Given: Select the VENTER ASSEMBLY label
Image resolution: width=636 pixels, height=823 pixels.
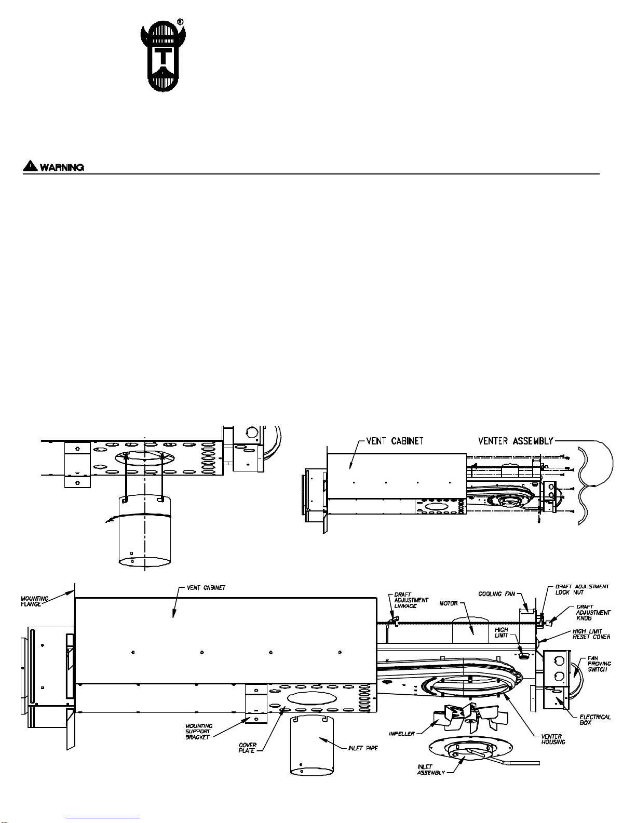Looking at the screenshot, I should coord(515,441).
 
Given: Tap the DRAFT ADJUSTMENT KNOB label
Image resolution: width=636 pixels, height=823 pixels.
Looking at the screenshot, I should coord(593,613).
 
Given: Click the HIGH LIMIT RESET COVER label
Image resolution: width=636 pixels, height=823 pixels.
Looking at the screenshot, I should coord(591,634).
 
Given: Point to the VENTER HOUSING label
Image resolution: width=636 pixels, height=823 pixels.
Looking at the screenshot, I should coord(551,739).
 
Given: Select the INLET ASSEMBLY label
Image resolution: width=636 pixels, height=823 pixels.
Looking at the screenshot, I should coord(431,770).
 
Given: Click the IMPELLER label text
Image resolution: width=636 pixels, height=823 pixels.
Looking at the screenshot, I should coord(402,734).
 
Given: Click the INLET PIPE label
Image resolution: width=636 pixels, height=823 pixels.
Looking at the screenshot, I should coord(363,748).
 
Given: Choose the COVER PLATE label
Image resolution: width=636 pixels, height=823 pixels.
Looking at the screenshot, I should coord(247,748).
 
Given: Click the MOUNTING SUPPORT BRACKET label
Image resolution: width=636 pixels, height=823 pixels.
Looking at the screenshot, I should coord(198,732).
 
